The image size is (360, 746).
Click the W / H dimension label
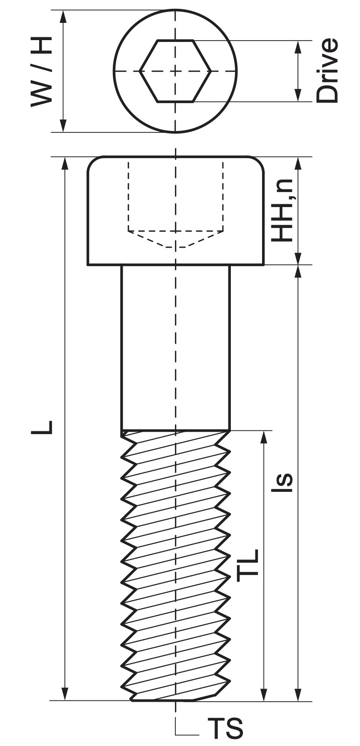(42, 72)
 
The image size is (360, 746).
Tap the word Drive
(327, 70)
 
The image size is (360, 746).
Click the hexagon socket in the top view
(175, 71)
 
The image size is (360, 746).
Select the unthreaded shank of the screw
(175, 347)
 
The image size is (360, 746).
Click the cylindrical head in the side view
(175, 210)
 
